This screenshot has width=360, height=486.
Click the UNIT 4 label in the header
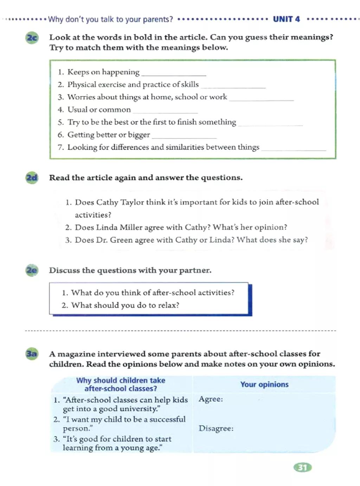tap(286, 19)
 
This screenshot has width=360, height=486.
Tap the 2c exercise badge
tap(32, 37)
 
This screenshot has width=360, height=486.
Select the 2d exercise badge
tap(32, 178)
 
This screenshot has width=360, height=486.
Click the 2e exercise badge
tap(32, 270)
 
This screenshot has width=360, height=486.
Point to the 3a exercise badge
tap(32, 353)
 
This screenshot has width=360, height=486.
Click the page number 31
tap(302, 467)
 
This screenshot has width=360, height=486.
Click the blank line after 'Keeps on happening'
tap(173, 74)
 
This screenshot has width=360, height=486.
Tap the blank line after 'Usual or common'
tap(165, 112)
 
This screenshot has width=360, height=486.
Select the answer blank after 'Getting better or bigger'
tap(184, 137)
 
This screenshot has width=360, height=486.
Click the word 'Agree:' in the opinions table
tap(211, 399)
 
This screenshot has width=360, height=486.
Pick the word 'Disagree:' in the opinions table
tap(216, 428)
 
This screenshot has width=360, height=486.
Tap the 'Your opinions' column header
tap(264, 384)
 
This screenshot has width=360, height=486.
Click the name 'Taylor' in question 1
tap(132, 202)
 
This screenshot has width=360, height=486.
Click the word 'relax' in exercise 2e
tap(168, 305)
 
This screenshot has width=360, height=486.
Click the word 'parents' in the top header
tap(156, 19)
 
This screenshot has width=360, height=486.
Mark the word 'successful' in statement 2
tap(167, 419)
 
